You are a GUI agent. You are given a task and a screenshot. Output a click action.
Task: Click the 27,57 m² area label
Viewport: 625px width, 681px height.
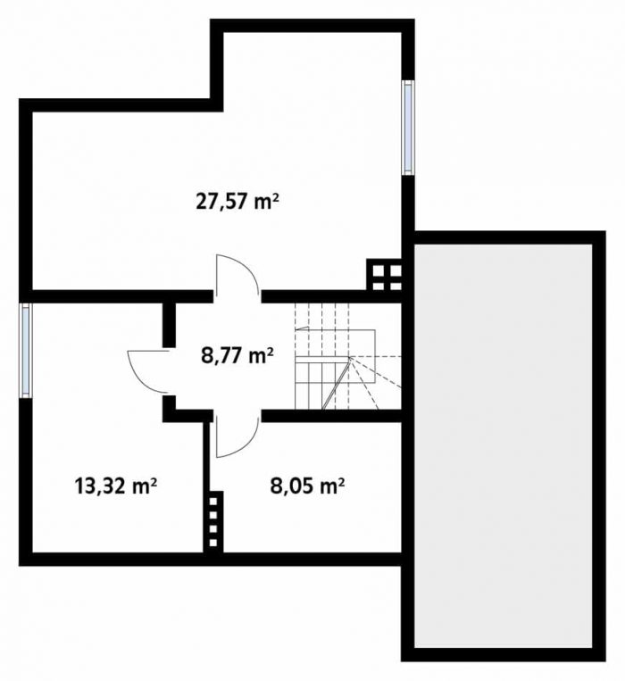pos(237,202)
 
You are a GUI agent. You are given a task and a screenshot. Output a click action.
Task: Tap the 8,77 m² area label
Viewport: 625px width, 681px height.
pos(237,356)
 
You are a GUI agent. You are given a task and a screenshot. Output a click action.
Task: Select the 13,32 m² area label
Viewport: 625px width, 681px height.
pos(115,486)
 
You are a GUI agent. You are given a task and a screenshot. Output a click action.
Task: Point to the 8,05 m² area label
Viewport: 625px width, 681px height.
pos(307,486)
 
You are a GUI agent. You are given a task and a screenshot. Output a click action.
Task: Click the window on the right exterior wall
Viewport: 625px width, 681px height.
pos(407,128)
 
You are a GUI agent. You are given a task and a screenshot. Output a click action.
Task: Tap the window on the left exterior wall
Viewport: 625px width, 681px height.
pos(26,350)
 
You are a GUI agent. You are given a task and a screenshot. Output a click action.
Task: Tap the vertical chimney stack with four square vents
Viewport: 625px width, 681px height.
pos(213,522)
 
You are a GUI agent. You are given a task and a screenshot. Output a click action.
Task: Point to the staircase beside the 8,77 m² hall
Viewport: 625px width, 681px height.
pos(348,356)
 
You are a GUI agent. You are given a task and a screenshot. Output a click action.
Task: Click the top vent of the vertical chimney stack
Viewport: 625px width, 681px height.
pos(213,502)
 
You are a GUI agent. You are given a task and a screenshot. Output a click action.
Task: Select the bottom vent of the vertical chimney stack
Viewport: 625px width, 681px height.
pos(213,543)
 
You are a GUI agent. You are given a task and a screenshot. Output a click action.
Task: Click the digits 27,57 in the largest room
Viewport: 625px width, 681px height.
pos(222,203)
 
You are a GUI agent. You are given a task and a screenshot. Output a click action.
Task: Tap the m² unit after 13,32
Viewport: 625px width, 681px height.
pos(145,486)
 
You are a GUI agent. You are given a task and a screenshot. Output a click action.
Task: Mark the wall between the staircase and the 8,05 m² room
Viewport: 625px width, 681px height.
pos(332,416)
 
